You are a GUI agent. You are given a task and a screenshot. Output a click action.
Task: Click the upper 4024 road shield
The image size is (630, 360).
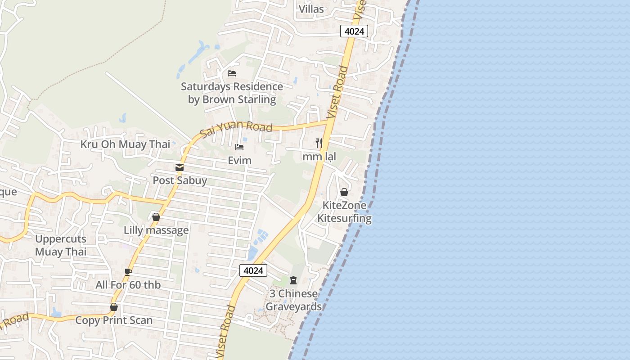click(354, 31)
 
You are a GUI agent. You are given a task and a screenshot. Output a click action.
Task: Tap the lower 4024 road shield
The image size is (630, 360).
click(253, 270)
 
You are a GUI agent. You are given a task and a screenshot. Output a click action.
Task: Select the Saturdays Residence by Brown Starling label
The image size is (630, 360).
click(232, 93)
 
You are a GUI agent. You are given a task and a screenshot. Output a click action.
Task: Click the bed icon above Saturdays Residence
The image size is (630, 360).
click(232, 73)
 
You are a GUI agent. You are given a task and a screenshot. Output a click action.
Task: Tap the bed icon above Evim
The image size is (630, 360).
click(239, 147)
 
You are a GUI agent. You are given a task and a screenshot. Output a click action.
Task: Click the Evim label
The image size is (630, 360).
click(239, 160)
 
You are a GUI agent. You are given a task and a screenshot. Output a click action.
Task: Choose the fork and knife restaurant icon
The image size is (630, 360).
click(319, 143)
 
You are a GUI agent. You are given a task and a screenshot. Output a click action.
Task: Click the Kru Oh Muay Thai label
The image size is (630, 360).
click(125, 144)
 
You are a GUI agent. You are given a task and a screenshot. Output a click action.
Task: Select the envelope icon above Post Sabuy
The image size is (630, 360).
click(180, 167)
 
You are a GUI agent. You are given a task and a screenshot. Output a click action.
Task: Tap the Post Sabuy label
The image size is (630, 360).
click(180, 180)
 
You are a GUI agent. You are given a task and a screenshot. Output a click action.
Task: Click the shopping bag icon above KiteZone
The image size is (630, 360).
click(344, 192)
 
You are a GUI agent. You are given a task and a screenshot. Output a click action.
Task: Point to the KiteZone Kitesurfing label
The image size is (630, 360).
click(344, 212)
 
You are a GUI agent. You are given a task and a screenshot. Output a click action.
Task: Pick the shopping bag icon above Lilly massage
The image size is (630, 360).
click(156, 217)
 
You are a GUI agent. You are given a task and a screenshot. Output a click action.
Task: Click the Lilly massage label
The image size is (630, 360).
click(156, 230)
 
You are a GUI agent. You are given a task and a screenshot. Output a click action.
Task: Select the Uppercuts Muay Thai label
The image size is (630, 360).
click(61, 245)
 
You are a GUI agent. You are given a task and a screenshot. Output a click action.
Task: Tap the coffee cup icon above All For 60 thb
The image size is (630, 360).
click(128, 272)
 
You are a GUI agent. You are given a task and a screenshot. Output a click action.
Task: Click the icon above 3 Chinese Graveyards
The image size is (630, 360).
click(293, 281)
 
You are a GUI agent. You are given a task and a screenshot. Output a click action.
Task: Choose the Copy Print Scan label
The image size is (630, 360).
click(114, 320)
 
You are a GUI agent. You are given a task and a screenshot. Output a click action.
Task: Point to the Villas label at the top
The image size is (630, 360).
click(311, 9)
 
